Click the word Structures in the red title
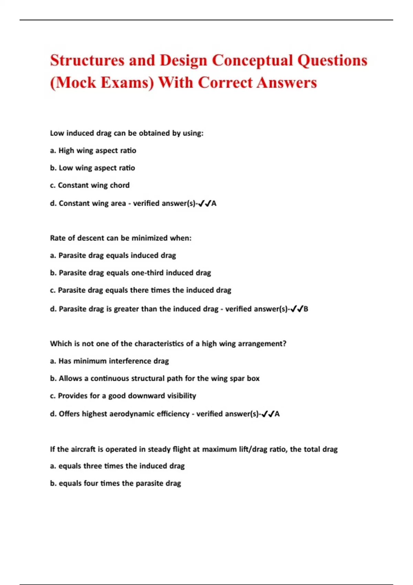(87, 61)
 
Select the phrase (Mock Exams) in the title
(102, 83)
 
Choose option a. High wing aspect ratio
(93, 151)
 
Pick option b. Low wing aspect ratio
(92, 168)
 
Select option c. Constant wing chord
(90, 185)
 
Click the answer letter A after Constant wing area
(214, 203)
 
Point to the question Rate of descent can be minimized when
(120, 238)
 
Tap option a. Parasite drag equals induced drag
(113, 255)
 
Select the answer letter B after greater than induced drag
(306, 309)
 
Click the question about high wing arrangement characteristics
(168, 344)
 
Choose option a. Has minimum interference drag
(109, 361)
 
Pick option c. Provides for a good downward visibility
(123, 396)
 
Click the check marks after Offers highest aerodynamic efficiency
(267, 414)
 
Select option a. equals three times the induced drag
(117, 466)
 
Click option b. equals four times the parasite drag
(115, 483)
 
